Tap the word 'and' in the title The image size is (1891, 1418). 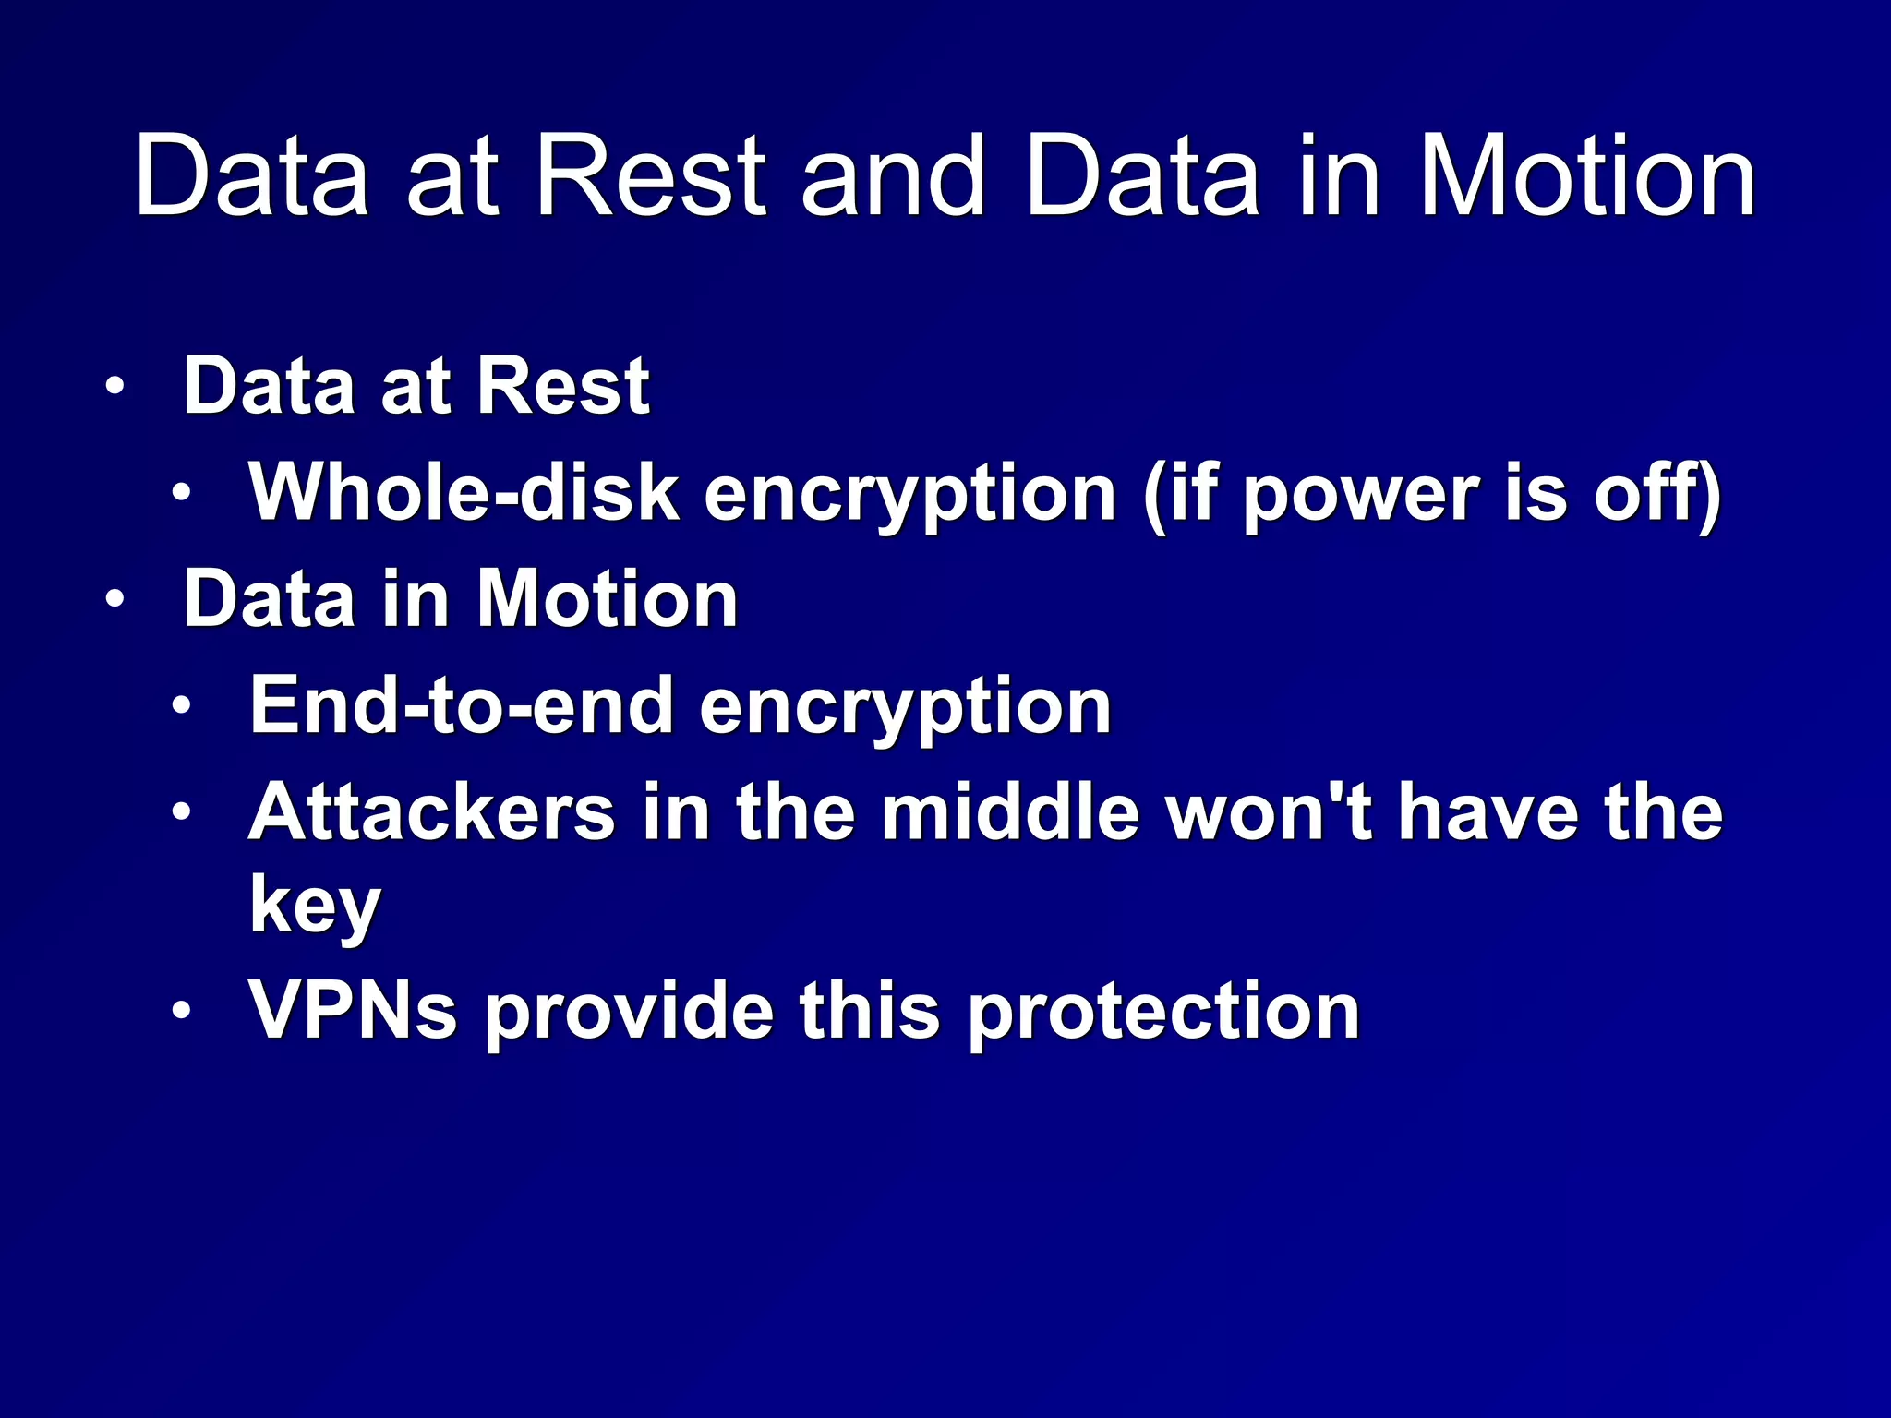[x=892, y=176]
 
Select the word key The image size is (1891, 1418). [x=315, y=905]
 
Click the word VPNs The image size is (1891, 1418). [x=354, y=1011]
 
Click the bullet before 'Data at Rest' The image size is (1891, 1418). [x=114, y=387]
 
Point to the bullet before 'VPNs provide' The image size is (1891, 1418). [x=181, y=1011]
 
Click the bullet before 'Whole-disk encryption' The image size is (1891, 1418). [x=181, y=492]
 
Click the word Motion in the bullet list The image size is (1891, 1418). [x=607, y=599]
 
